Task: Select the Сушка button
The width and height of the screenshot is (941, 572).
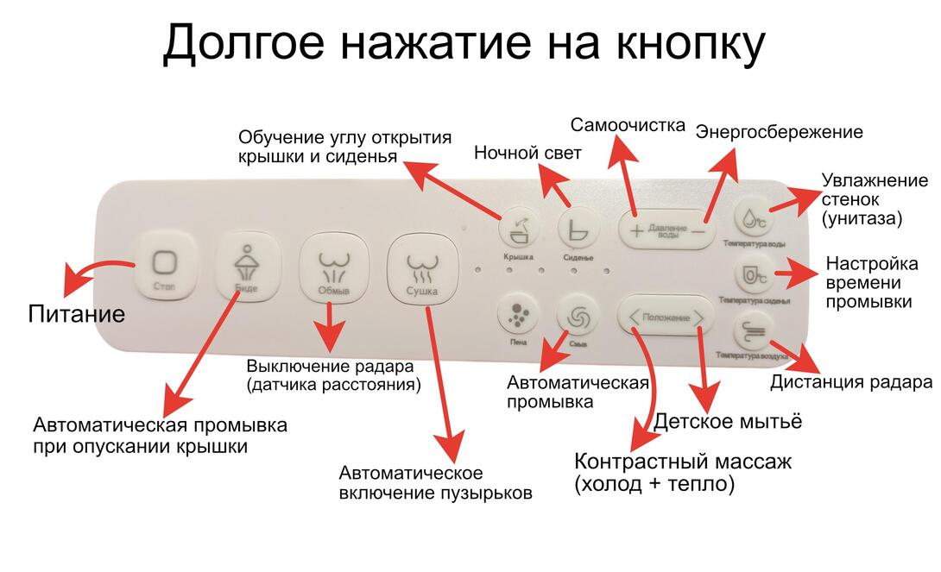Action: (421, 268)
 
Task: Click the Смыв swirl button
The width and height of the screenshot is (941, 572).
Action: (578, 317)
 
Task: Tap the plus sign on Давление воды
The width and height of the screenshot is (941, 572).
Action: (636, 230)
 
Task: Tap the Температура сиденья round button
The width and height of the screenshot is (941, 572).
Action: (753, 275)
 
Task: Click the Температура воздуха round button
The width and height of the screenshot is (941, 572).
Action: (752, 332)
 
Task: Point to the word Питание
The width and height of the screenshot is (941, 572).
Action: (77, 313)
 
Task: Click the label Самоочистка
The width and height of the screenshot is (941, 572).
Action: (628, 125)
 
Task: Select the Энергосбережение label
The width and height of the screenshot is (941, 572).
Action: (779, 132)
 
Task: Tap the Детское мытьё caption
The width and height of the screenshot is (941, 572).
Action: (728, 421)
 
